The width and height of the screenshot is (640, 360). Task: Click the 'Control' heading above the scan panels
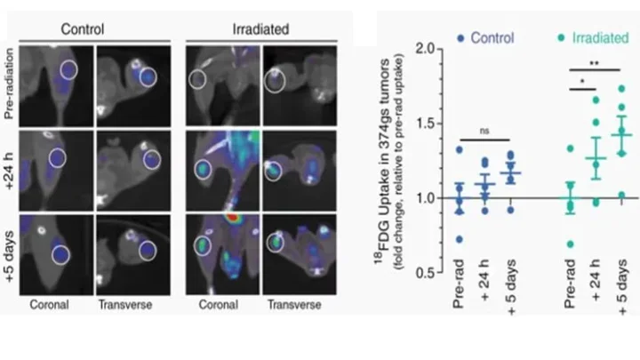click(88, 28)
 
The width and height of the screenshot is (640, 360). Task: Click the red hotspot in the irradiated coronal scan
click(234, 216)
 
